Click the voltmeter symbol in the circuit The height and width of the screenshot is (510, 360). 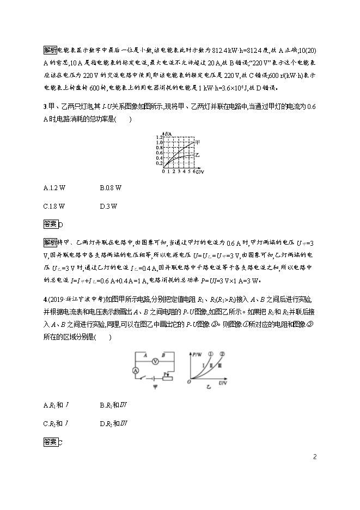[154, 360]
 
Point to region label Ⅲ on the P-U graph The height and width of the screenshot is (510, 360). [220, 366]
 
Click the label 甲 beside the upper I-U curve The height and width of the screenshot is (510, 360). [197, 143]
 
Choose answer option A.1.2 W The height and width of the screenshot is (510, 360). [54, 188]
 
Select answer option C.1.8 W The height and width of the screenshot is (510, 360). [54, 206]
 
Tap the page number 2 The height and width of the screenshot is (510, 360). [315, 457]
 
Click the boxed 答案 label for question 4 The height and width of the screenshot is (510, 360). [50, 440]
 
